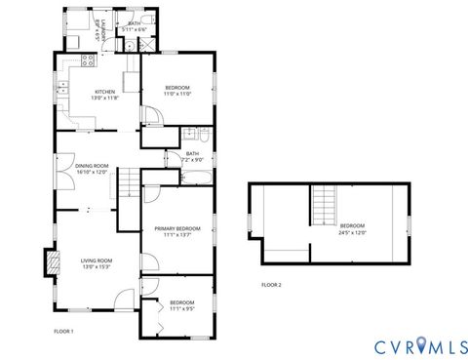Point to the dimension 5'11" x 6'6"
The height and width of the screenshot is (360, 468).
coord(135,29)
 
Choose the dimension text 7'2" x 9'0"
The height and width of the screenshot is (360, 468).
coord(192,158)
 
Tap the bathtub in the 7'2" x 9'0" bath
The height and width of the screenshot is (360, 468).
coord(195,176)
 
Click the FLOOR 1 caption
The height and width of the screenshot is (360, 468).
coord(63,332)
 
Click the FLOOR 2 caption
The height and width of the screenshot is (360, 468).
coord(271,284)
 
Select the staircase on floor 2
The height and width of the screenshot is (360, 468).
coord(325,207)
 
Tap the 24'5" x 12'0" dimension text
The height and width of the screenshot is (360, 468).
coord(352,231)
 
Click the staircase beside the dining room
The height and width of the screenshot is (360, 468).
coord(128,181)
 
